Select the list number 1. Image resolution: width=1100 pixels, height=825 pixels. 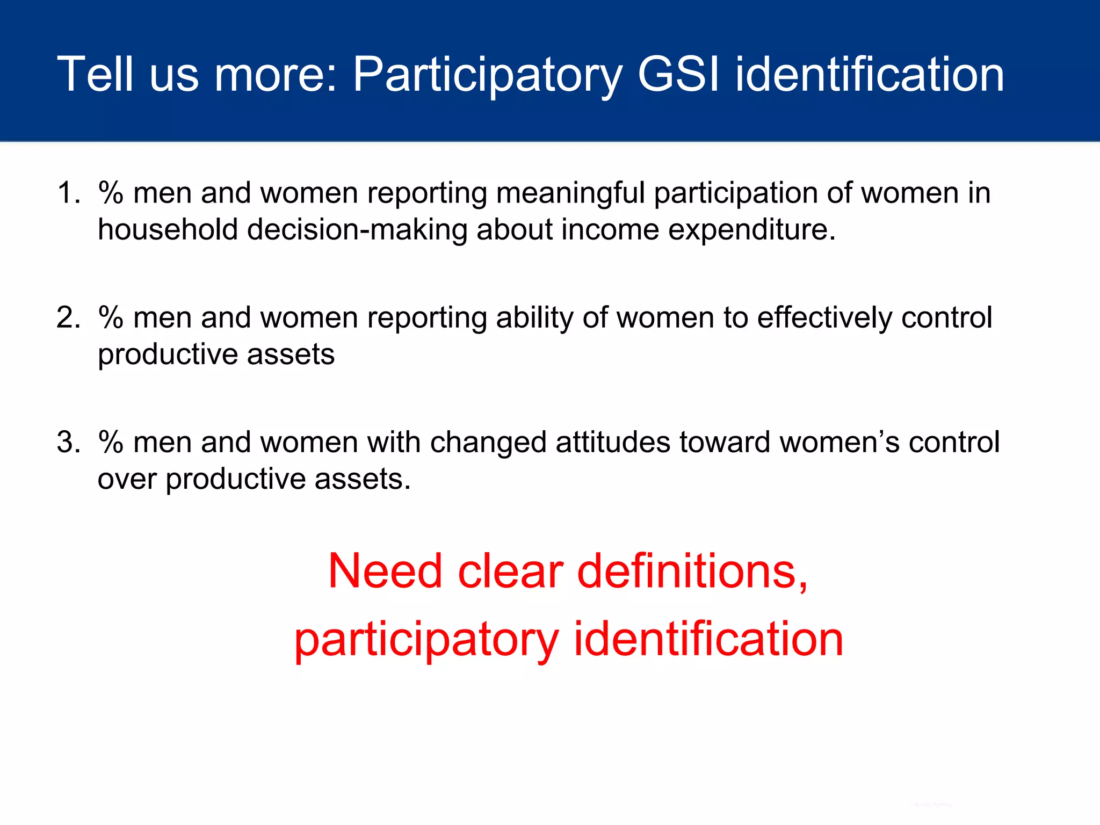[x=67, y=193]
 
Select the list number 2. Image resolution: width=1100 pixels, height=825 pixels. [x=67, y=317]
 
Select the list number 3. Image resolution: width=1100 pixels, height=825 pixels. [x=67, y=442]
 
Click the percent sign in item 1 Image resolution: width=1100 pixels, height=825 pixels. [x=111, y=193]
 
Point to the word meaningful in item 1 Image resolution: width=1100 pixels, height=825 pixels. [x=570, y=193]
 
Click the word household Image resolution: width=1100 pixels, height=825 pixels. [x=168, y=229]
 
